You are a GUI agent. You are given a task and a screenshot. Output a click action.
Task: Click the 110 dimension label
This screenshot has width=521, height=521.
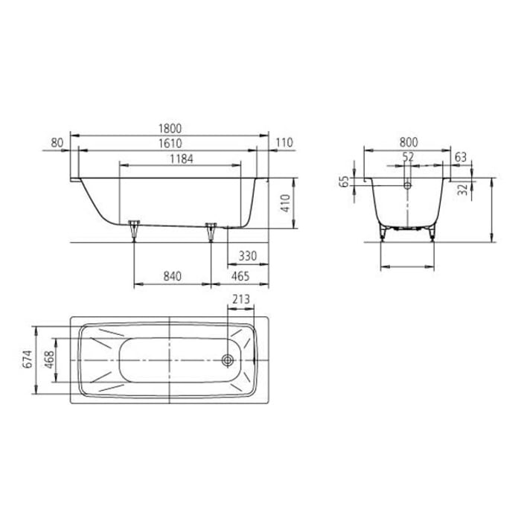(284, 142)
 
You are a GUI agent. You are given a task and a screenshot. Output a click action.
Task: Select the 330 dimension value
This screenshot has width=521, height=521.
(247, 256)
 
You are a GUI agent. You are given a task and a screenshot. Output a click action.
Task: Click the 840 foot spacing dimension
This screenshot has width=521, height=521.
(172, 277)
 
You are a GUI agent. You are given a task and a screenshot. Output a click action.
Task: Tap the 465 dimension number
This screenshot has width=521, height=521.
(239, 277)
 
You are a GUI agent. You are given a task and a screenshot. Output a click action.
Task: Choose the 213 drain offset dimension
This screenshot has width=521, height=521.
(240, 299)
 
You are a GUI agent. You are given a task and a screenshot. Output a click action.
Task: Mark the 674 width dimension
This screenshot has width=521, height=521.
(28, 361)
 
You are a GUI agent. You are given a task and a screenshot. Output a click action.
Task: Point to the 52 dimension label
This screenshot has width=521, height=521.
(407, 156)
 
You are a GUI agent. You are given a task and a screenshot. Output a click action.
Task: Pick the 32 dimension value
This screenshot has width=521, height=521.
(464, 189)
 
